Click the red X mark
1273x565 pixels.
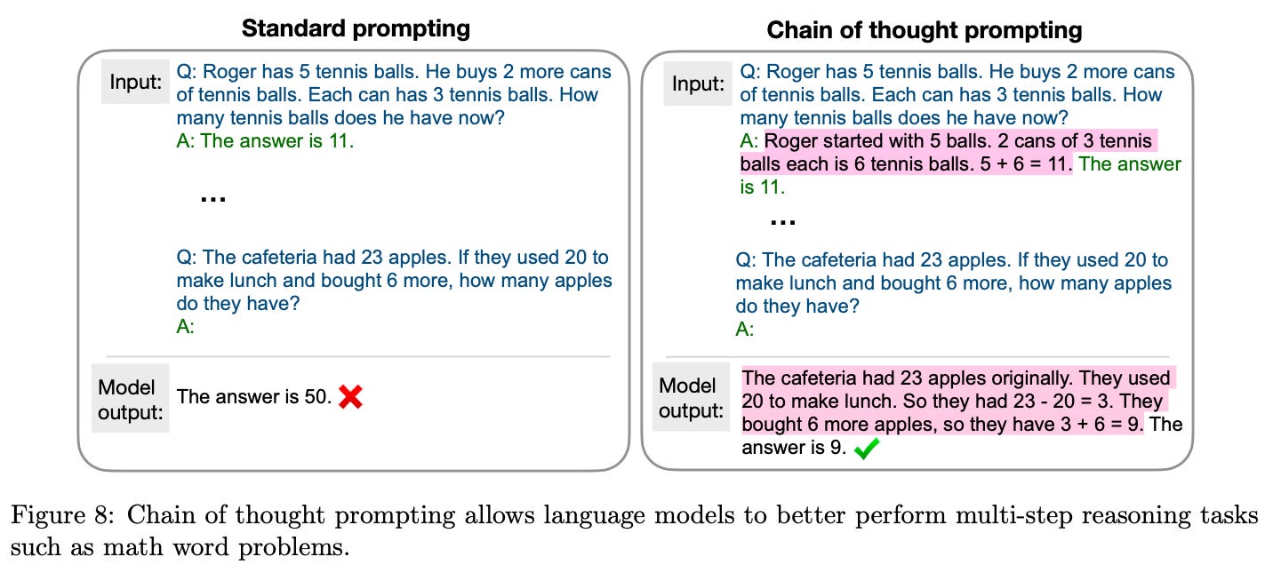coord(350,397)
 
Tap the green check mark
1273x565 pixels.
coord(866,450)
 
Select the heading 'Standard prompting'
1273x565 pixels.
coord(356,28)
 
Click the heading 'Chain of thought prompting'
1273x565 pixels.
coord(925,30)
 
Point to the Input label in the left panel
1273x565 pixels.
coord(135,82)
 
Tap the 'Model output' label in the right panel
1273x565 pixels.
coord(688,399)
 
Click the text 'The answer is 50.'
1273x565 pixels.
coord(253,396)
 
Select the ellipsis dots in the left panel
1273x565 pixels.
coord(212,199)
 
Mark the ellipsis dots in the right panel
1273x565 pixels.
coord(781,219)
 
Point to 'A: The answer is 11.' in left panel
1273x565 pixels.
coord(265,140)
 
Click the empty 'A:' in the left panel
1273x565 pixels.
coord(186,326)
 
